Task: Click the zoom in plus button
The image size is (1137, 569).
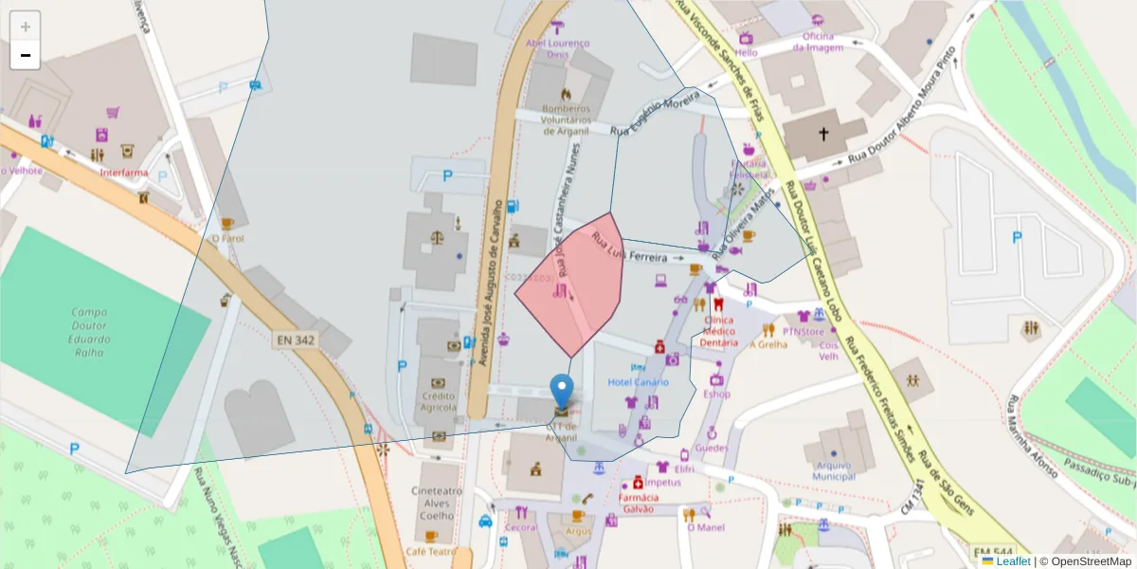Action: [x=26, y=27]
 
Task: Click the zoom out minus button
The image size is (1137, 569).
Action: [x=26, y=55]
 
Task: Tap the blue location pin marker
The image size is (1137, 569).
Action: [x=562, y=391]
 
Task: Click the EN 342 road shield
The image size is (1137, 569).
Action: [x=298, y=339]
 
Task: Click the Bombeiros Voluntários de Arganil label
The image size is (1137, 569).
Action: [x=566, y=120]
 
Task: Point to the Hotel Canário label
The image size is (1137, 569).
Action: [x=638, y=381]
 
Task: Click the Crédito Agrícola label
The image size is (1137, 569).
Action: [x=439, y=401]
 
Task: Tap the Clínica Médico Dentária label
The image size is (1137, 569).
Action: [x=720, y=331]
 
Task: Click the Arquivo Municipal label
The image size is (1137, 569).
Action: [x=835, y=470]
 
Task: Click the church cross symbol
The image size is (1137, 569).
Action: [x=823, y=135]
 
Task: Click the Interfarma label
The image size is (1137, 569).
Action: [x=124, y=173]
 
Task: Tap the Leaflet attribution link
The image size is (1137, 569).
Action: [x=1013, y=561]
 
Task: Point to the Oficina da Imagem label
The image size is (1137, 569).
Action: [x=817, y=42]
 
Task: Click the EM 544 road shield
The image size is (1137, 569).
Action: [x=992, y=551]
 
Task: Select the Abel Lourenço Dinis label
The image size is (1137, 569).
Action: [x=558, y=48]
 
